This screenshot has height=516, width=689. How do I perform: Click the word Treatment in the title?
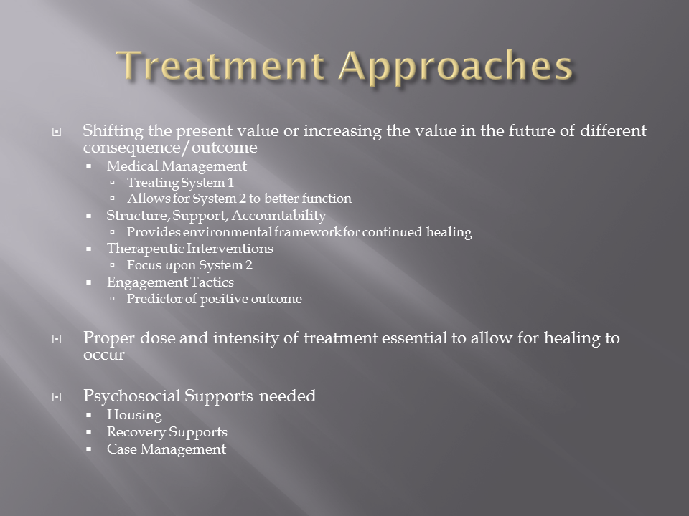pos(221,66)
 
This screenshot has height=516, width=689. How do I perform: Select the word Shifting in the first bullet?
pos(113,131)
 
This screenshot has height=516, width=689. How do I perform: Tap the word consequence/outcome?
pos(170,148)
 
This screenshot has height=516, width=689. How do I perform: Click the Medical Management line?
pos(177,166)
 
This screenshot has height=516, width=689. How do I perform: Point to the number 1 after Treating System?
pos(230,183)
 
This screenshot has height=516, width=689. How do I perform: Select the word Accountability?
pos(278,216)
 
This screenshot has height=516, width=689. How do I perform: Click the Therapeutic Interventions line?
pos(189,249)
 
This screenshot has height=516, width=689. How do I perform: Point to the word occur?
pos(103,355)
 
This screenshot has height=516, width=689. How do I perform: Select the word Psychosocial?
pos(132,396)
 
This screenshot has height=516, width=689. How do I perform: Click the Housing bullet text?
pos(134,415)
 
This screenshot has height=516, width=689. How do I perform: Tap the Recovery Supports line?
pos(167,432)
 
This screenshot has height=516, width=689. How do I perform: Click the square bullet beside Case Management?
pos(89,449)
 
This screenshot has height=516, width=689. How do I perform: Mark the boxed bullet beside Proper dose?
pos(57,339)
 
